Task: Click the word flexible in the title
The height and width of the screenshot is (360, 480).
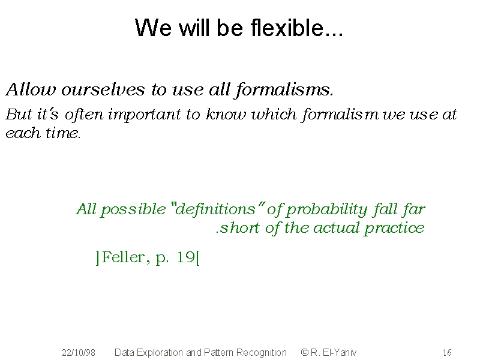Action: (x=296, y=28)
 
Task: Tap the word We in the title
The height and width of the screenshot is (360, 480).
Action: (x=153, y=28)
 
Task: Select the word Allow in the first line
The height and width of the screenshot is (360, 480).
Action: (x=31, y=89)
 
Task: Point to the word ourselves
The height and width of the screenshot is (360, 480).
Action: (x=103, y=89)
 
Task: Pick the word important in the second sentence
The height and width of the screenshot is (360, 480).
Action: (x=145, y=115)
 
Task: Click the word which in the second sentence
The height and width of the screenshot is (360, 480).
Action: (x=274, y=115)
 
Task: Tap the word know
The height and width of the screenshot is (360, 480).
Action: (x=226, y=115)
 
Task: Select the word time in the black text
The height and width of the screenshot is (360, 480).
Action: (x=63, y=133)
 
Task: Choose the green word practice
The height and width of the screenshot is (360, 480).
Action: (x=394, y=229)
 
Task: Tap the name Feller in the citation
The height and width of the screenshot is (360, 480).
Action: (x=123, y=257)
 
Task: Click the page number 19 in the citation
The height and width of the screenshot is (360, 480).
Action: (x=185, y=257)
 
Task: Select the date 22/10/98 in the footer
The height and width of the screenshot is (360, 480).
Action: (x=79, y=353)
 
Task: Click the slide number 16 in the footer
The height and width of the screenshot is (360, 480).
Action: (x=447, y=353)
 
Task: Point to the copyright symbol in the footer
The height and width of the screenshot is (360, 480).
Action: (x=305, y=352)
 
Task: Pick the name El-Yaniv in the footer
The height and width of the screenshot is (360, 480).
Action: (x=339, y=352)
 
